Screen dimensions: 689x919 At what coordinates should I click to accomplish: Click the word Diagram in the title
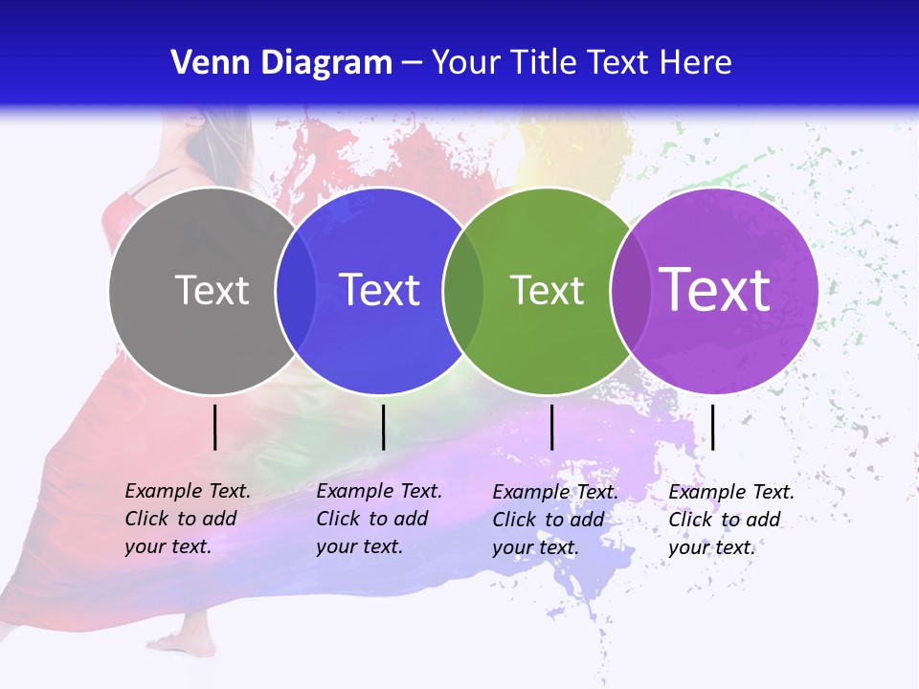click(x=325, y=63)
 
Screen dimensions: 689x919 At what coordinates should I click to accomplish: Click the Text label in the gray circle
click(x=212, y=290)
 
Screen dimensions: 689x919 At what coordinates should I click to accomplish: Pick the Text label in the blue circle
click(x=379, y=290)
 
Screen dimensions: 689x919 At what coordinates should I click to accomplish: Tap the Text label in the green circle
click(x=547, y=290)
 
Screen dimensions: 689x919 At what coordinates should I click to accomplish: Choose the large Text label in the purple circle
click(x=714, y=290)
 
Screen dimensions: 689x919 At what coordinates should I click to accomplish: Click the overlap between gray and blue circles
click(x=296, y=290)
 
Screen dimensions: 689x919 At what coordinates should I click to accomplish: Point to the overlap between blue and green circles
click(x=463, y=290)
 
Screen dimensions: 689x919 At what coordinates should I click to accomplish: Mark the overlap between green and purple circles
click(x=631, y=290)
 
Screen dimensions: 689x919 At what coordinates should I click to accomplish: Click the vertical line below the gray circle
click(x=215, y=427)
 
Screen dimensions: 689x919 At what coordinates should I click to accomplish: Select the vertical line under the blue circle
click(x=383, y=427)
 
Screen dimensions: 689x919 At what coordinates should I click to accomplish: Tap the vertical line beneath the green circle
click(x=551, y=427)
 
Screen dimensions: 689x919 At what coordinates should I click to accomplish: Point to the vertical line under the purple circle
click(x=712, y=427)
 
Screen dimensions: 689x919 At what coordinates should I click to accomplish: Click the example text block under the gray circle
click(x=188, y=519)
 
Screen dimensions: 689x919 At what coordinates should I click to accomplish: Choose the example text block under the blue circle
click(x=379, y=519)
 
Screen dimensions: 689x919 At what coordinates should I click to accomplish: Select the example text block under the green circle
click(x=555, y=520)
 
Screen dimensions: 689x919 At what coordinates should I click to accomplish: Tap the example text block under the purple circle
click(x=731, y=520)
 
